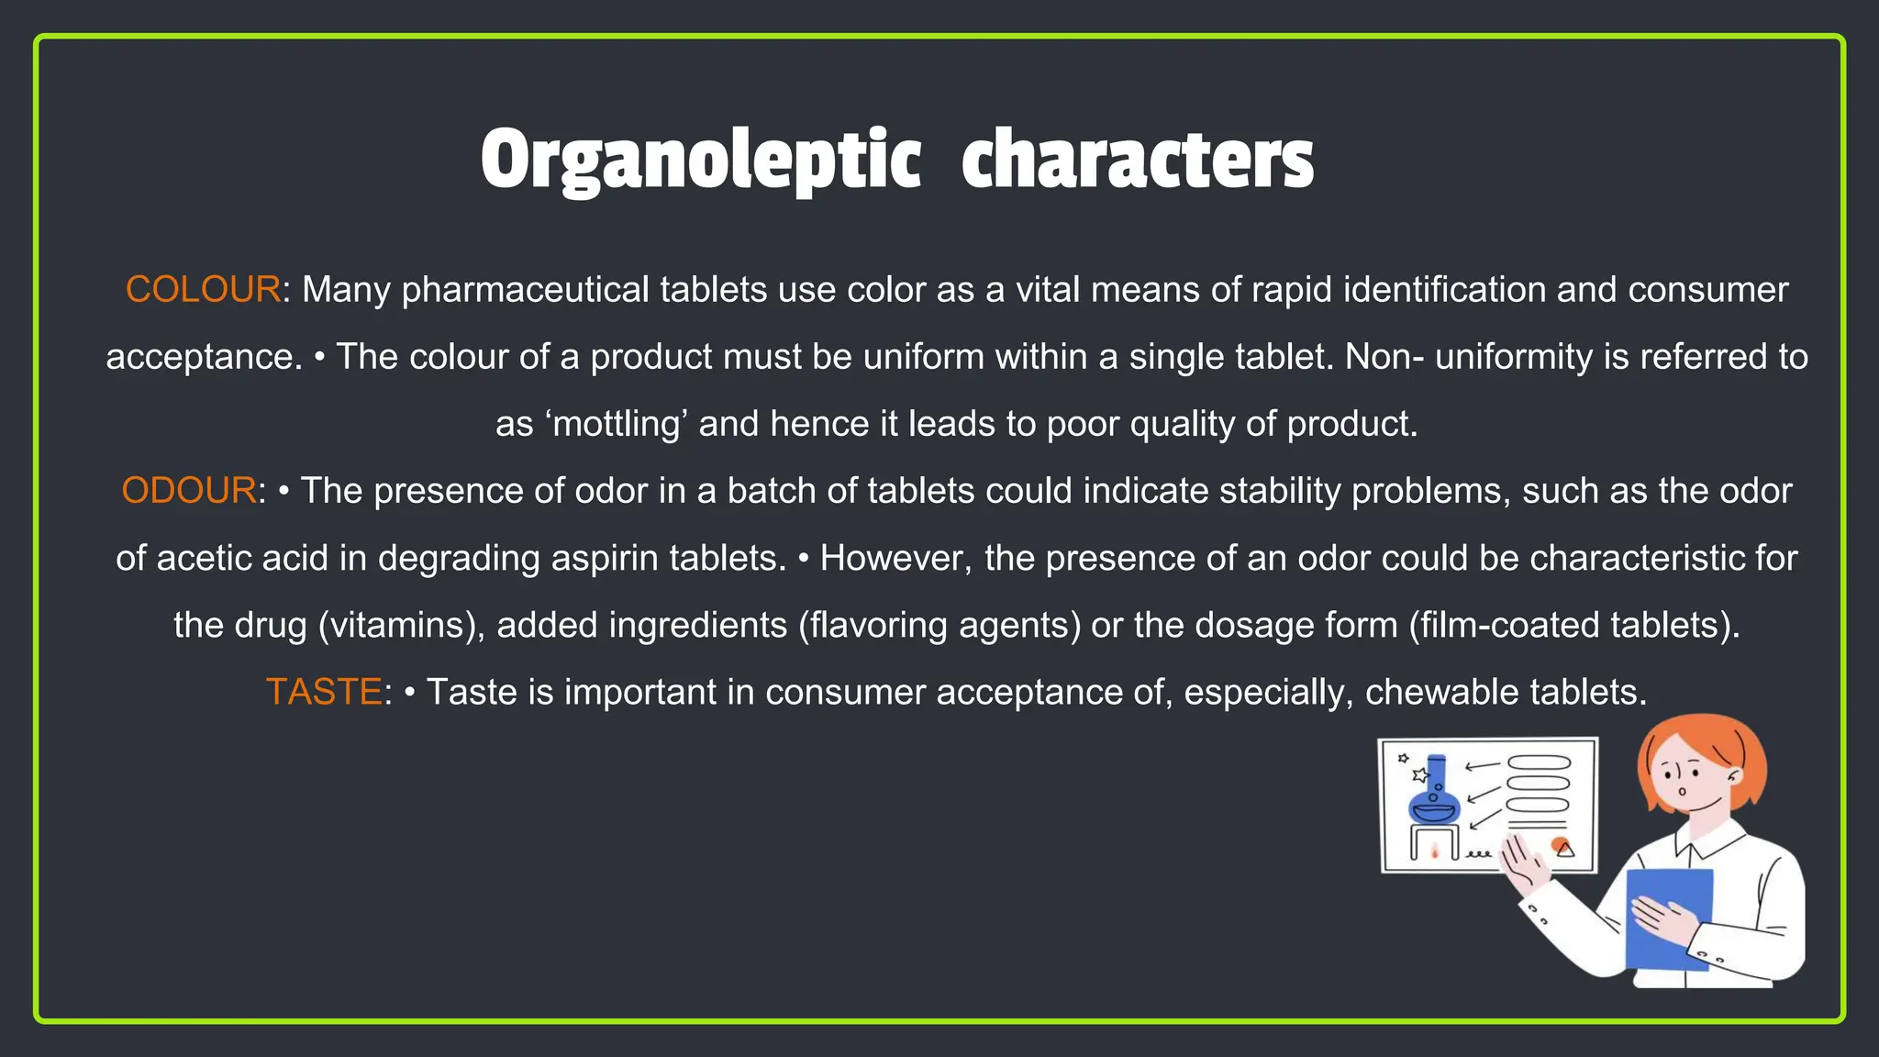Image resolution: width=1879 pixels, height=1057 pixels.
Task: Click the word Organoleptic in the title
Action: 700,161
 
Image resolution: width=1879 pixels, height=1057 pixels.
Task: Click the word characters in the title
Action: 1137,161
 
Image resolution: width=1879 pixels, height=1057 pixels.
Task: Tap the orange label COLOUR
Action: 203,290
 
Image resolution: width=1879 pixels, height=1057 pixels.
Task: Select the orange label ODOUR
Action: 189,491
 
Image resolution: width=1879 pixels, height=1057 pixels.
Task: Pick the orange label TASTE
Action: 323,692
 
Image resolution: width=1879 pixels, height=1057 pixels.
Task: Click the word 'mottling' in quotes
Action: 617,424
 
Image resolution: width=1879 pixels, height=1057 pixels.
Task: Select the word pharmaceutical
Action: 526,290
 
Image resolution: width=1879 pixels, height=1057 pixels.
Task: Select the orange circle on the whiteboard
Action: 1560,845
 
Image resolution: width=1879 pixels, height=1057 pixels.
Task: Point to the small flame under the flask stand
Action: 1435,852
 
